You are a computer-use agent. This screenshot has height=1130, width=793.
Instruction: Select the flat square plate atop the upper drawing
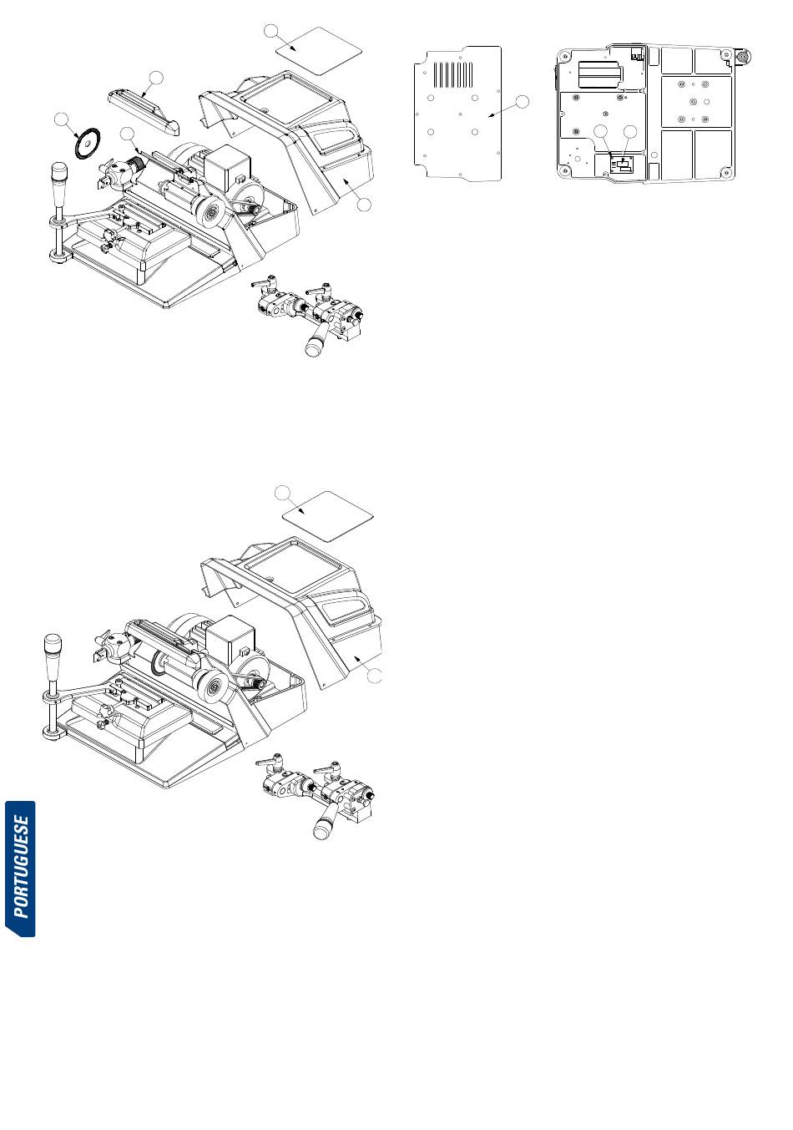point(319,51)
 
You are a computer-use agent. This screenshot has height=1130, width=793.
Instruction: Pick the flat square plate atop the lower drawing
point(327,515)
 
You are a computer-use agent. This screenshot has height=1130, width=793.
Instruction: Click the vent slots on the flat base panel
point(453,73)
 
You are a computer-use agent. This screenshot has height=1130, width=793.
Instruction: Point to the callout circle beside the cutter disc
point(62,119)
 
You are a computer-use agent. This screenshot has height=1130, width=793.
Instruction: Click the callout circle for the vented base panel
point(522,101)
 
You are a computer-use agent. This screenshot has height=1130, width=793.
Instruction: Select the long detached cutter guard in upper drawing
point(144,113)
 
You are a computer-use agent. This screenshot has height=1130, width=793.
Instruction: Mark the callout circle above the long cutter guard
point(157,77)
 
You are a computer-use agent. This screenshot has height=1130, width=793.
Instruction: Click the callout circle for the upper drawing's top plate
point(271,30)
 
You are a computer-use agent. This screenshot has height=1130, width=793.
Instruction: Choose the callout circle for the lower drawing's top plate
point(283,493)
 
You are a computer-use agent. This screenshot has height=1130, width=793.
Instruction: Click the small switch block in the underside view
point(622,165)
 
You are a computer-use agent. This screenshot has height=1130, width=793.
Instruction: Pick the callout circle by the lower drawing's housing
point(375,676)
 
